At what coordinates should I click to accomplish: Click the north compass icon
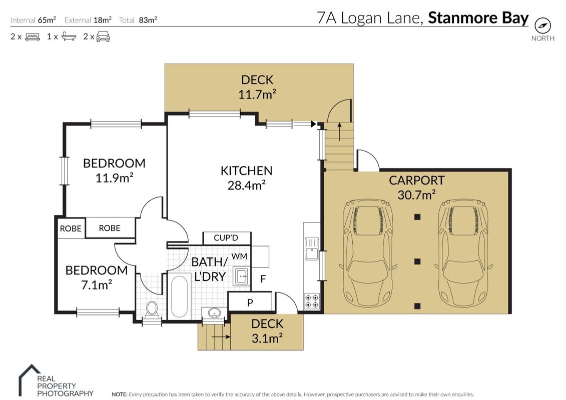[x=542, y=25]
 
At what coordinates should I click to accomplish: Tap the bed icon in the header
[x=33, y=37]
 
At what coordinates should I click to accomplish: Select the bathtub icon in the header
[x=69, y=36]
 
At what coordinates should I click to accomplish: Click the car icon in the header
[x=103, y=36]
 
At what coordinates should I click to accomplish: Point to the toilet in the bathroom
[x=152, y=310]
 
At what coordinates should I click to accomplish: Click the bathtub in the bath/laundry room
[x=179, y=296]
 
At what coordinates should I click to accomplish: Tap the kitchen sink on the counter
[x=312, y=248]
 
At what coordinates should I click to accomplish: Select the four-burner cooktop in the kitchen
[x=311, y=301]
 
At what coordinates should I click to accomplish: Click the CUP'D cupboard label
[x=226, y=237]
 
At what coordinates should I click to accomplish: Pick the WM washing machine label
[x=239, y=256]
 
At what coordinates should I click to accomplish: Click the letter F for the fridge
[x=263, y=279]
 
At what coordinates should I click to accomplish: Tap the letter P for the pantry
[x=250, y=303]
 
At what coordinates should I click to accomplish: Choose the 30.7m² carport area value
[x=416, y=195]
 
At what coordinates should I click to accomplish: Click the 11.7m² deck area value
[x=257, y=94]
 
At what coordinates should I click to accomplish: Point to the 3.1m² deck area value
[x=267, y=338]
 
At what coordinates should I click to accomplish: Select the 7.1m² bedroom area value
[x=97, y=285]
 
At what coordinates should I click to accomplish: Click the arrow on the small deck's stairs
[x=221, y=337]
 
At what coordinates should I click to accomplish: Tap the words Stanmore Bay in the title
[x=478, y=18]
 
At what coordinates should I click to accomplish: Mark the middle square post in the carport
[x=417, y=261]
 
